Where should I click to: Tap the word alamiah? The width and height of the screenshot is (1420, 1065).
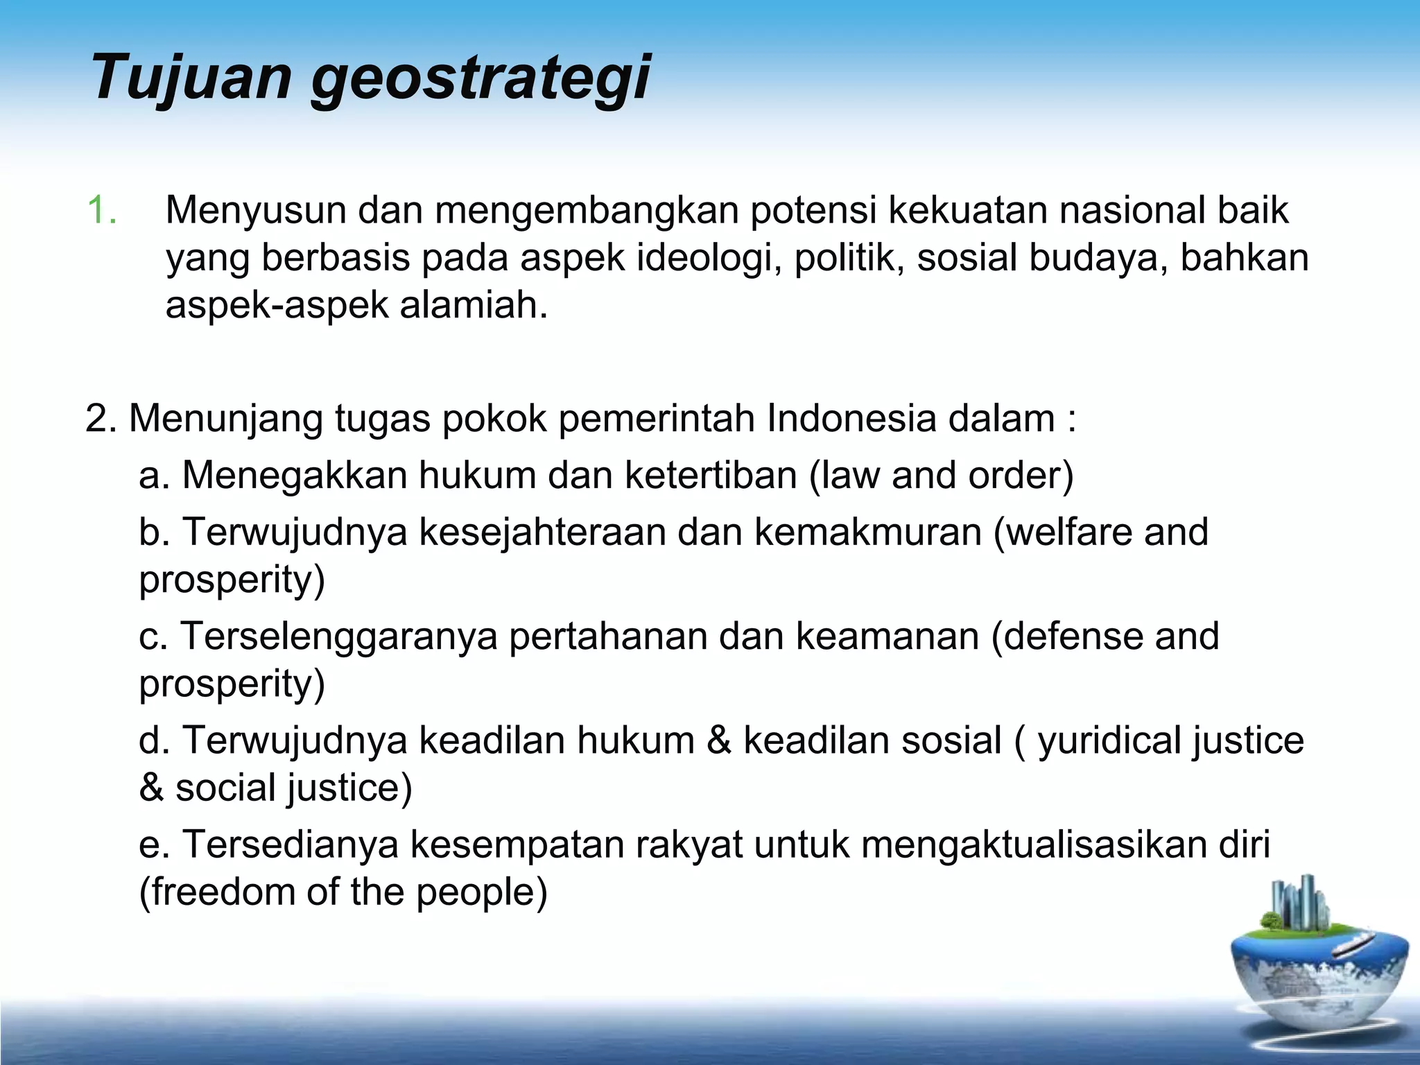click(x=474, y=305)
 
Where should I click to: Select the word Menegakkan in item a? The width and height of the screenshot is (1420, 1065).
click(x=294, y=476)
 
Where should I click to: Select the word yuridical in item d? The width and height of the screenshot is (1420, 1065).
click(x=1109, y=741)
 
